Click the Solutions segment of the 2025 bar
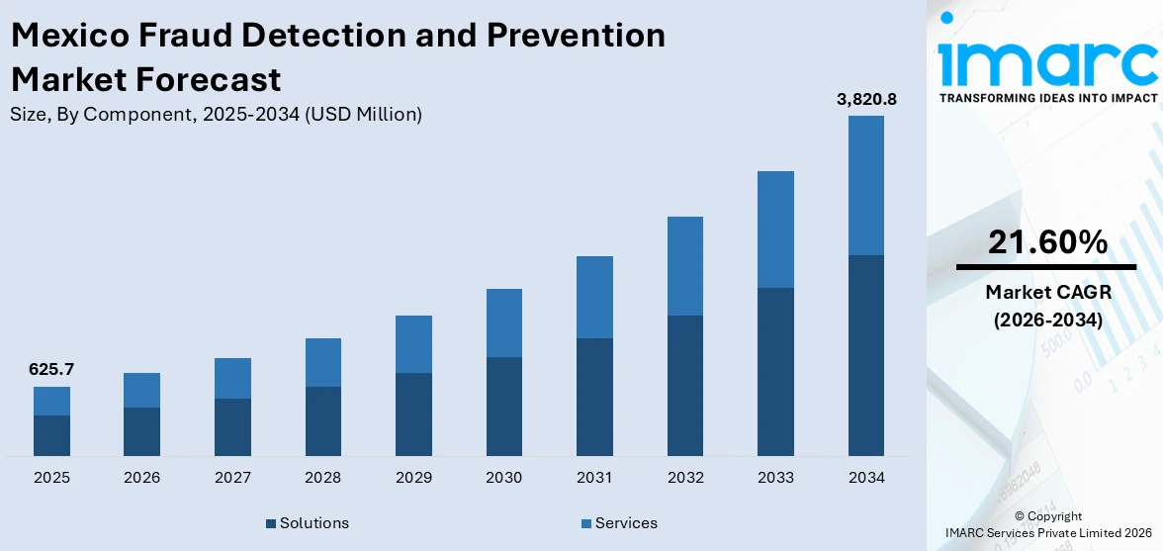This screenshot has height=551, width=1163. click(x=51, y=435)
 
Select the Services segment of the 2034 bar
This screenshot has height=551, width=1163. click(x=865, y=185)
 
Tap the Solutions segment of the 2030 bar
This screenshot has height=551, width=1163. click(x=503, y=406)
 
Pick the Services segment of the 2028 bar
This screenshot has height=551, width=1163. click(x=322, y=362)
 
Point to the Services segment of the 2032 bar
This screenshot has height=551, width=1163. click(x=684, y=266)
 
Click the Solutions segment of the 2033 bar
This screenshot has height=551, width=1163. click(x=775, y=371)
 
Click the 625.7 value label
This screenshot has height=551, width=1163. click(x=51, y=370)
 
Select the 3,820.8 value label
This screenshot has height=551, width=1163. click(x=866, y=99)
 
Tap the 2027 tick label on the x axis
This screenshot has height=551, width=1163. click(x=232, y=478)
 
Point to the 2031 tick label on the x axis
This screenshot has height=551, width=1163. click(x=594, y=478)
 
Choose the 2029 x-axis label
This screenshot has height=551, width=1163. click(x=413, y=478)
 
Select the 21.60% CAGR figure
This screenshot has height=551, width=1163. click(x=1046, y=241)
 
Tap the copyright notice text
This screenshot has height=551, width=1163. click(x=1047, y=524)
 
